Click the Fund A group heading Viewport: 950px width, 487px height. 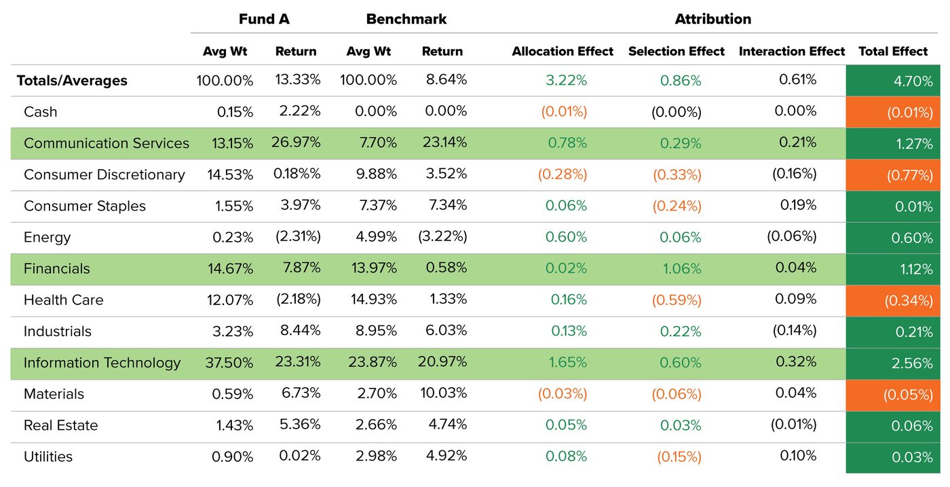tap(264, 19)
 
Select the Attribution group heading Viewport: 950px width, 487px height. tap(712, 19)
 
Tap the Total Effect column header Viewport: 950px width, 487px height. tap(892, 51)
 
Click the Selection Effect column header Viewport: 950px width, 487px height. tap(676, 51)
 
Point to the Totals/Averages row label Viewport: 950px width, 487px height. tap(72, 81)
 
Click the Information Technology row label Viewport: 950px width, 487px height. tap(102, 363)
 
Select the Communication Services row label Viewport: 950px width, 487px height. tap(107, 143)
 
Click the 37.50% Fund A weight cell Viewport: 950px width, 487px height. tap(230, 363)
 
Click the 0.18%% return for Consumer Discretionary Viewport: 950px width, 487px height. tap(297, 174)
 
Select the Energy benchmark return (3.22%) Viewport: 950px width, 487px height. tap(442, 237)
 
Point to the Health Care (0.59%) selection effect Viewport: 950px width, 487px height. tap(677, 300)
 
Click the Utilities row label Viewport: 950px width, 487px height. tap(48, 456)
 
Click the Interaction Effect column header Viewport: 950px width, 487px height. tap(791, 51)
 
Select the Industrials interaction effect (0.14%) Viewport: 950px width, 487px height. tap(794, 331)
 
